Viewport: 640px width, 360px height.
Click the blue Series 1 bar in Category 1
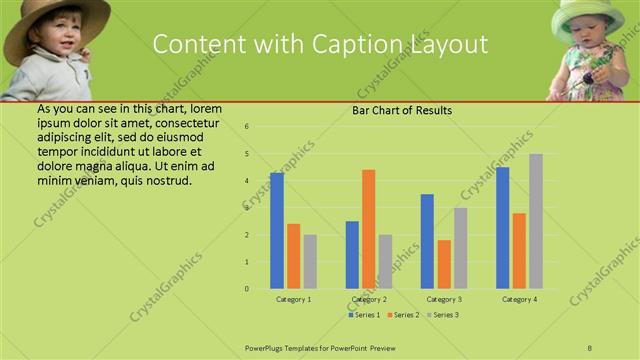pyautogui.click(x=277, y=231)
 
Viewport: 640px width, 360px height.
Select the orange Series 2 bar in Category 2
pyautogui.click(x=368, y=229)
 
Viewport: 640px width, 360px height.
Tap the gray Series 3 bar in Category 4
pyautogui.click(x=536, y=221)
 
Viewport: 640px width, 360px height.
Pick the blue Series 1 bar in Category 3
pyautogui.click(x=427, y=241)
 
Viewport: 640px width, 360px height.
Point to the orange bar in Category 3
pyautogui.click(x=444, y=264)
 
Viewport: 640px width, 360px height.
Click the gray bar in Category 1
pyautogui.click(x=310, y=261)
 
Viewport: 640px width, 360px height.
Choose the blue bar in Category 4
pyautogui.click(x=502, y=228)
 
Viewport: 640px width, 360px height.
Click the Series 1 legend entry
pyautogui.click(x=365, y=315)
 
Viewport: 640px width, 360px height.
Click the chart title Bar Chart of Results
pyautogui.click(x=402, y=110)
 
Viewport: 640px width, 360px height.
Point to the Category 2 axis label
pyautogui.click(x=369, y=299)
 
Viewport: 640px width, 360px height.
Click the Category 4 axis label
pyautogui.click(x=519, y=299)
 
